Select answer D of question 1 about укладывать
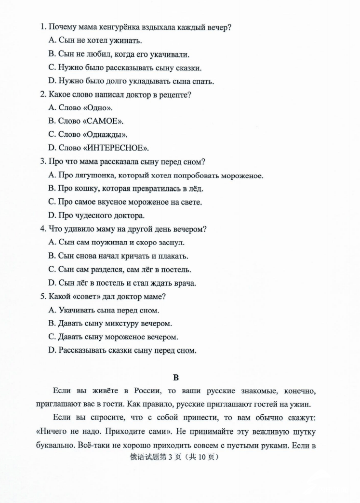click(131, 82)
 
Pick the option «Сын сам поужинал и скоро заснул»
click(117, 243)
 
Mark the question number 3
click(42, 162)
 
